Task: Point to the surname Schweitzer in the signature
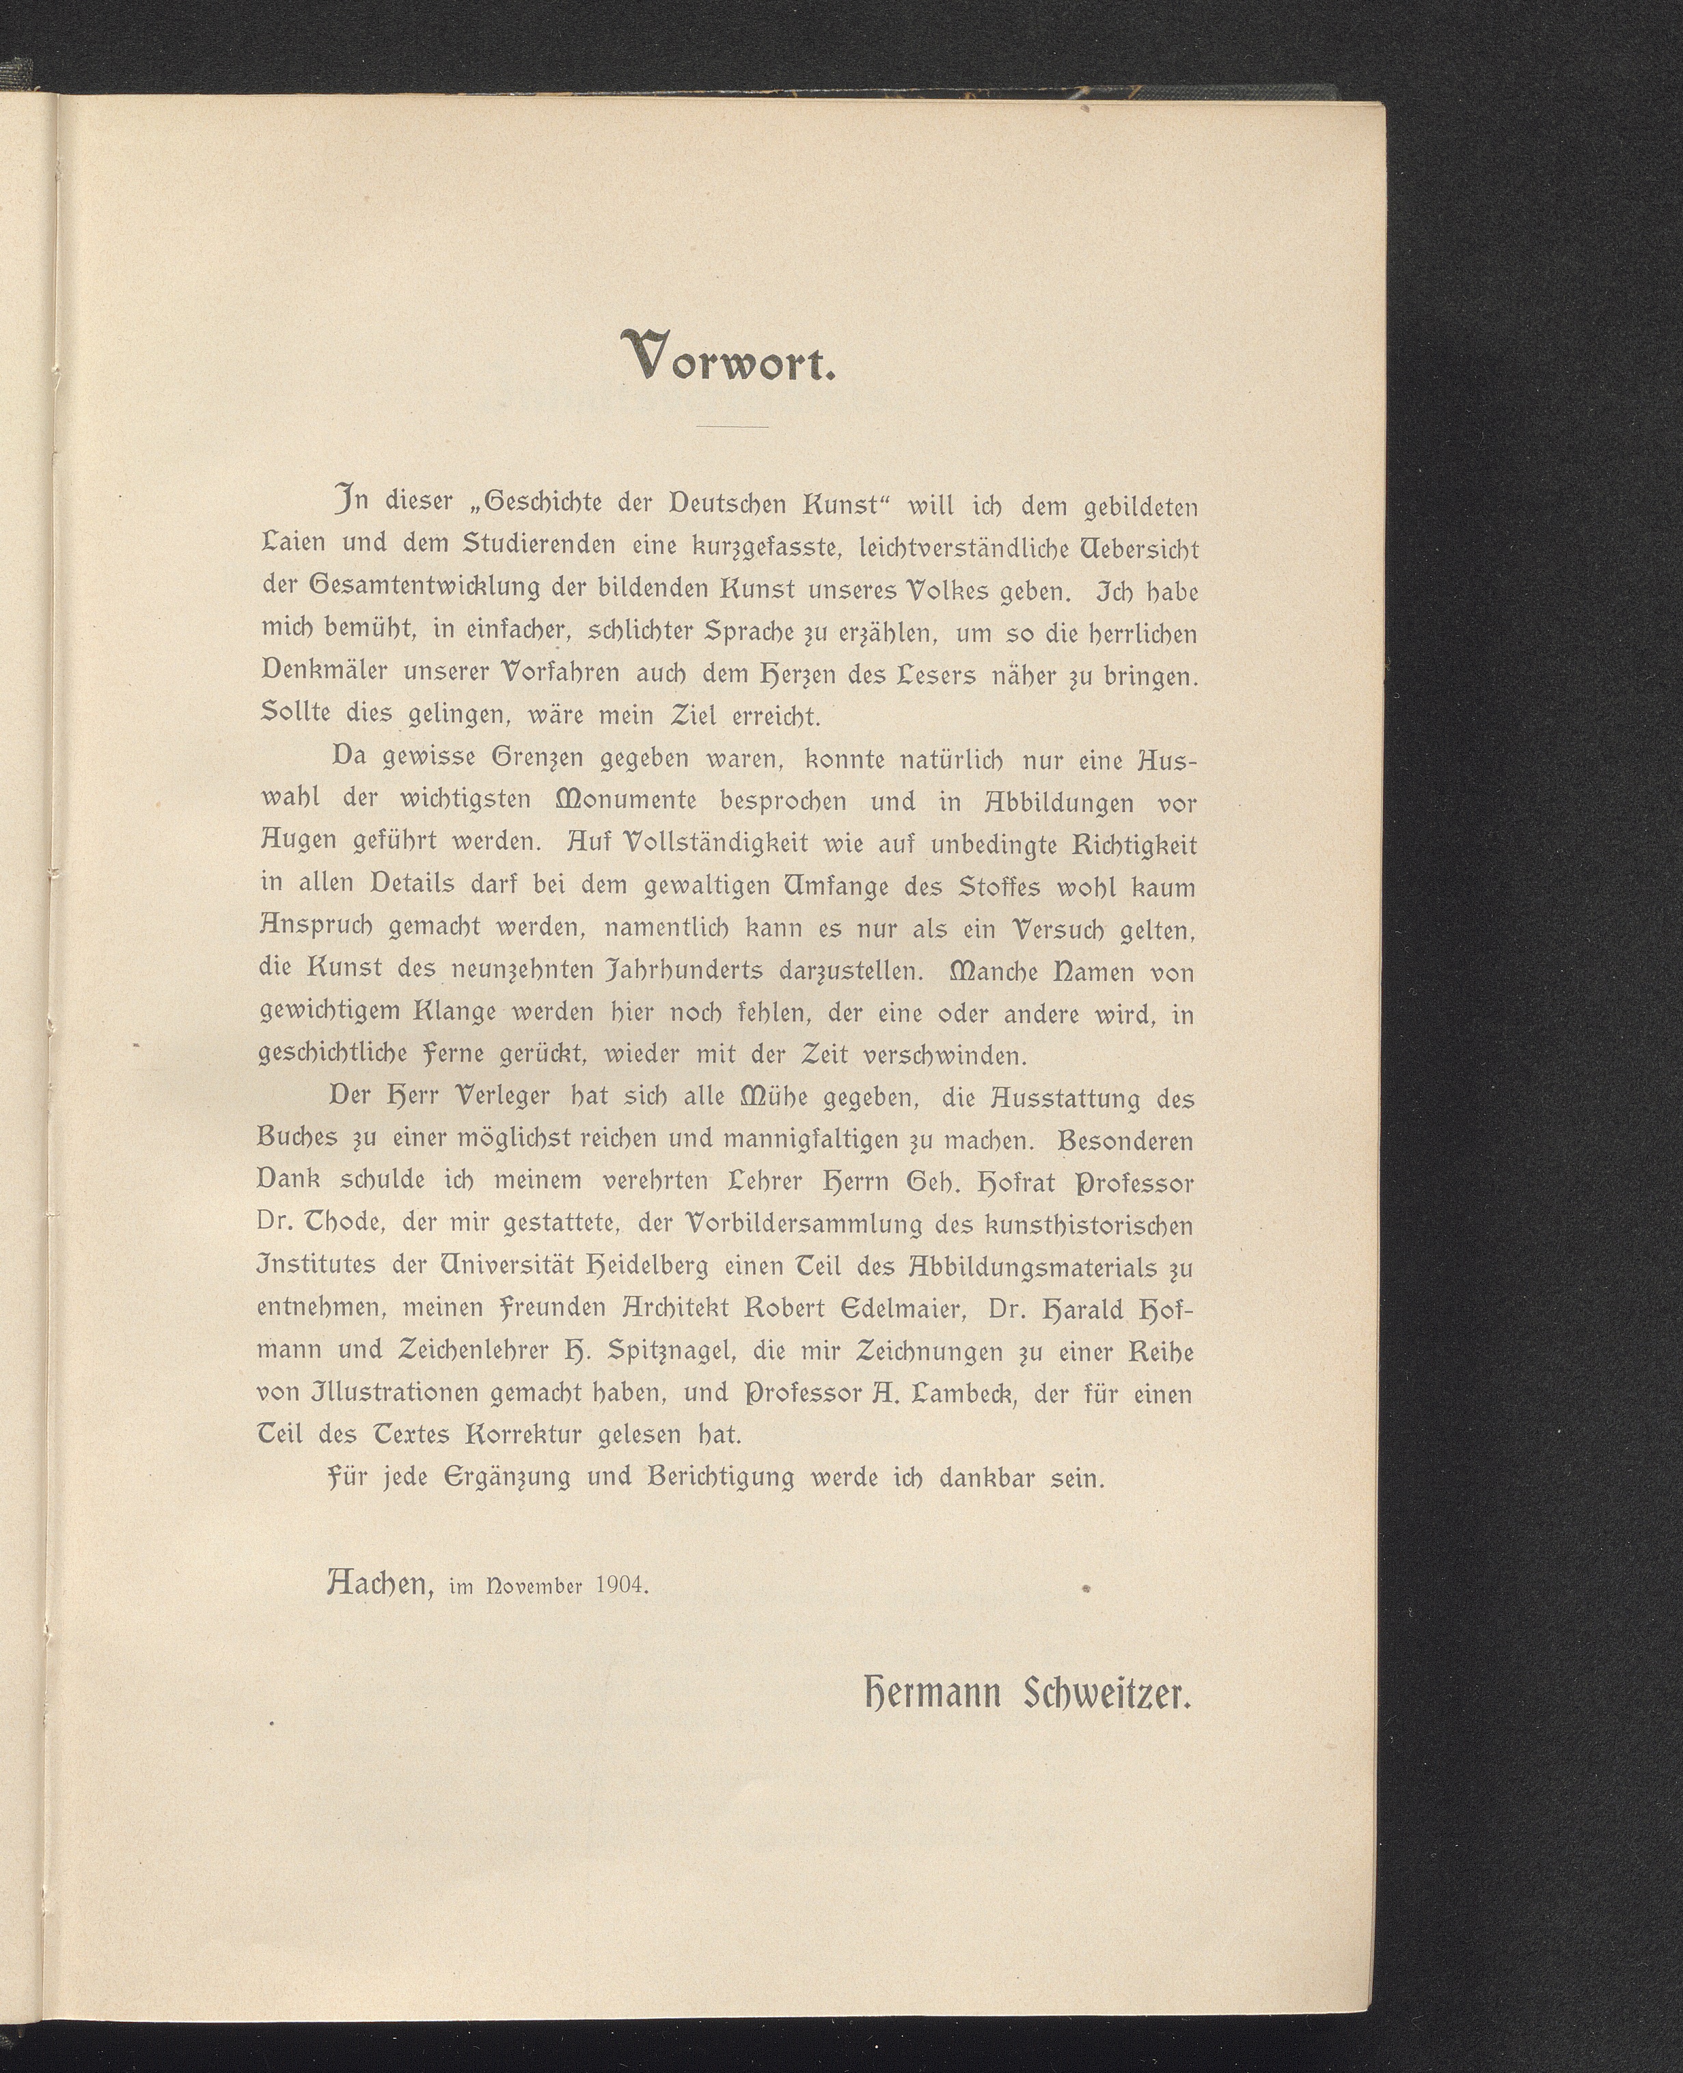tap(1106, 1696)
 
